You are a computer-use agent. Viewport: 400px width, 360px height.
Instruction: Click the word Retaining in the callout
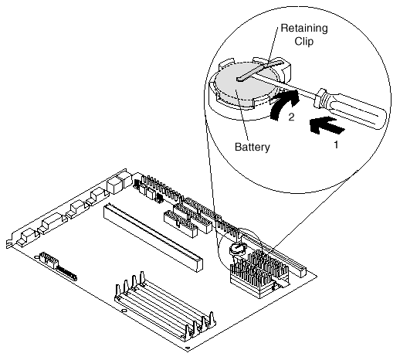(304, 29)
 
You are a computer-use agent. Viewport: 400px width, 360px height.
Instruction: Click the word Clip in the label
(304, 42)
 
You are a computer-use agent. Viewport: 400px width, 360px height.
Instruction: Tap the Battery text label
(253, 148)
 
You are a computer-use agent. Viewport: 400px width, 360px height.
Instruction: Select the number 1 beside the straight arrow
(336, 144)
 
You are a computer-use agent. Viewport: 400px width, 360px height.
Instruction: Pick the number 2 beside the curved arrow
(291, 117)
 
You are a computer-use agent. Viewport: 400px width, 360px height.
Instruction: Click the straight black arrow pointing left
(327, 125)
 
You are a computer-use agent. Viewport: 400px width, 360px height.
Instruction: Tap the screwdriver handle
(350, 109)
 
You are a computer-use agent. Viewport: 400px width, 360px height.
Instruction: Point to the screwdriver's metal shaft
(284, 84)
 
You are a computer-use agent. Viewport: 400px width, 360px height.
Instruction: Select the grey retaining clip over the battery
(260, 70)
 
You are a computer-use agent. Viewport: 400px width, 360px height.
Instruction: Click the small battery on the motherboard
(237, 249)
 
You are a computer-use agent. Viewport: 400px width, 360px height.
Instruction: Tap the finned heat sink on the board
(259, 273)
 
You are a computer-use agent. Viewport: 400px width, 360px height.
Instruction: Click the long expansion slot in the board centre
(153, 237)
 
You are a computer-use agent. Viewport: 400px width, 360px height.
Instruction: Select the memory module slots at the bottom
(164, 307)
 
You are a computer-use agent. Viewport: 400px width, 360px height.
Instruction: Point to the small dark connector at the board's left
(66, 273)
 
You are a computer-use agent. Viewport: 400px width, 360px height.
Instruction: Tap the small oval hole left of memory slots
(124, 311)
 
